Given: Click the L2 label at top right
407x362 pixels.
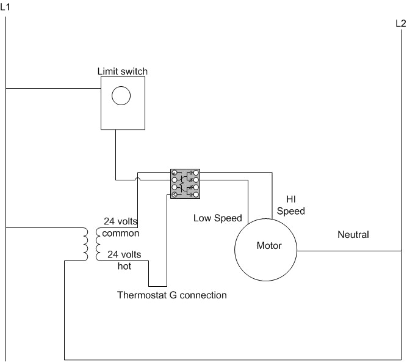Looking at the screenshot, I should coord(400,24).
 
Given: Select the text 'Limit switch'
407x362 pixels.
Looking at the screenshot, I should coord(123,72).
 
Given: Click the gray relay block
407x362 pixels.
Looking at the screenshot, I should coord(185,183).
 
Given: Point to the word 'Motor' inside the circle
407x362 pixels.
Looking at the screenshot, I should coord(268,246).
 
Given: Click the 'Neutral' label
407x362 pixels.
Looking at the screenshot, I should coord(353,234).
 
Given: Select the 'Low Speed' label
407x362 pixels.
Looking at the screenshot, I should coord(218,218).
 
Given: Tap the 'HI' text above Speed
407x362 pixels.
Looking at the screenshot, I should coord(290,199).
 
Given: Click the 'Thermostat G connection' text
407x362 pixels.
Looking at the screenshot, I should coord(172,295).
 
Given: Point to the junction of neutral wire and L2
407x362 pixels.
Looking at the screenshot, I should coord(401,251).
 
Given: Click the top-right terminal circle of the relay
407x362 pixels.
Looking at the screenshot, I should coord(196,173).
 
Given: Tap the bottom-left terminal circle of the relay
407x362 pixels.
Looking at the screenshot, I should coord(174,194).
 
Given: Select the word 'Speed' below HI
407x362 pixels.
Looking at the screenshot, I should coord(291,211).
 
